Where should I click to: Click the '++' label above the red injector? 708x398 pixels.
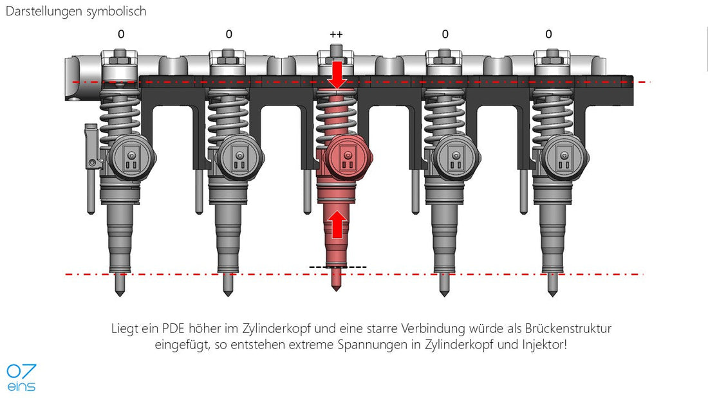337,34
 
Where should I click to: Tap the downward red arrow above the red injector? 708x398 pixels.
337,75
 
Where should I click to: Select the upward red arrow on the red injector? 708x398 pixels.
337,224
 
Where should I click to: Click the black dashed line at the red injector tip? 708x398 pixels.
338,267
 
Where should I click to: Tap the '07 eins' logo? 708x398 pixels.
21,377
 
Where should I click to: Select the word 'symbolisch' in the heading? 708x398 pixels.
116,12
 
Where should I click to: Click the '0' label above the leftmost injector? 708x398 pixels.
121,34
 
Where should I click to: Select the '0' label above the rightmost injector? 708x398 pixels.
548,34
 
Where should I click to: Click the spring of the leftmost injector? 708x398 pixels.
119,115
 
